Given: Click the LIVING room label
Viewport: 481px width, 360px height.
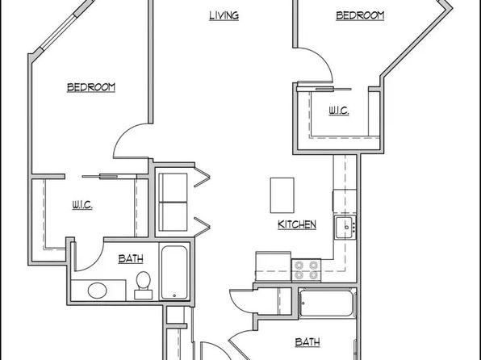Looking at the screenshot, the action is [224, 15].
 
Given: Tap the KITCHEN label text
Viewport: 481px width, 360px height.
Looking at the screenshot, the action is [297, 224].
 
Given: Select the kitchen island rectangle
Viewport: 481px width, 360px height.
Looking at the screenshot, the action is [282, 195].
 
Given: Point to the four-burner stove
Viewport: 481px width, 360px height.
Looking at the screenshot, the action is [306, 270].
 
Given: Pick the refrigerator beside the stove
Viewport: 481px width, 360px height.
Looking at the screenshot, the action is [273, 266].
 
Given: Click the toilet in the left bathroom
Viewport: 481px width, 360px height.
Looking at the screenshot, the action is [144, 286].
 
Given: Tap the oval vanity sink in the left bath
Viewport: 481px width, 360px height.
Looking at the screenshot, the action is [98, 291].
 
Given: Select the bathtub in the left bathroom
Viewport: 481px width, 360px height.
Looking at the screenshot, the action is [174, 272].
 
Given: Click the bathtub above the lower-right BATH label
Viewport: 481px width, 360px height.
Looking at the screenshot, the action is [328, 303].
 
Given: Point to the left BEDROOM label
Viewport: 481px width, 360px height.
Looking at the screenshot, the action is [91, 87].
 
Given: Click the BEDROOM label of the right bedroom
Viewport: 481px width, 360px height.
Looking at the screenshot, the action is [360, 15].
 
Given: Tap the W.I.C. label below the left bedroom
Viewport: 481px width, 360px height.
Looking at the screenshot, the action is [82, 205].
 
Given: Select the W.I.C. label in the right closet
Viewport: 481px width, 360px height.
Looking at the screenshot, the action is [339, 111].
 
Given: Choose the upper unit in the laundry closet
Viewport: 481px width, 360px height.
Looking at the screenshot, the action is [173, 188].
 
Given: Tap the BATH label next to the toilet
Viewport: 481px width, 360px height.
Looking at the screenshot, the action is [131, 259].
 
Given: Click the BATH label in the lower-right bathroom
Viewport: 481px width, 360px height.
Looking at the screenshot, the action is [307, 342].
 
